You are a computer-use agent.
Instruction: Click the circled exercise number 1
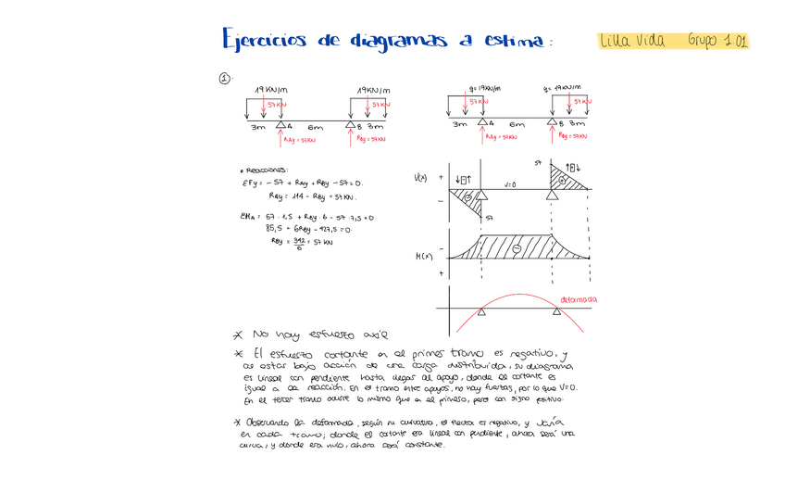[224, 79]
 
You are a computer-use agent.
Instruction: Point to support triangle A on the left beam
[280, 124]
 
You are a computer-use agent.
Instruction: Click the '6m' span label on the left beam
[315, 126]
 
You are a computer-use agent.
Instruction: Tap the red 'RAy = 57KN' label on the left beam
[300, 140]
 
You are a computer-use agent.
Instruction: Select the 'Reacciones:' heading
[266, 170]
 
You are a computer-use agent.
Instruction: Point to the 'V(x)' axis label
[420, 177]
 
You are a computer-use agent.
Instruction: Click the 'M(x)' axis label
[423, 257]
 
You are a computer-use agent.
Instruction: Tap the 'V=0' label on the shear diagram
[510, 184]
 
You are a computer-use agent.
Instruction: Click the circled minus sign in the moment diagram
[517, 249]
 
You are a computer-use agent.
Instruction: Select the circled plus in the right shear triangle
[561, 179]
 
